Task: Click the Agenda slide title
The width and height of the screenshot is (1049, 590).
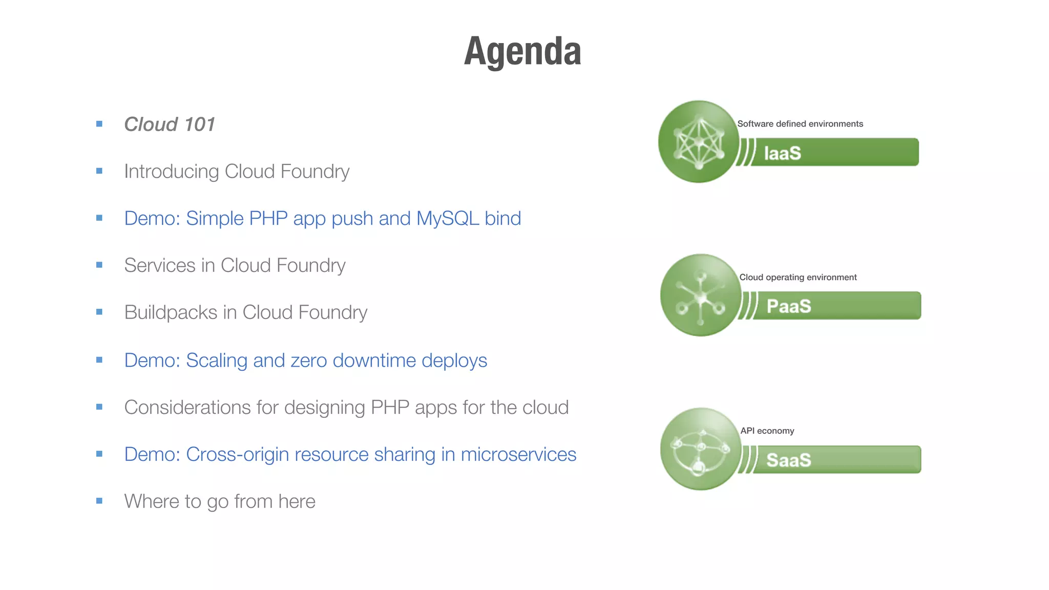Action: [522, 52]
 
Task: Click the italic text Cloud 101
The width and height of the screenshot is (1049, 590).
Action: [170, 124]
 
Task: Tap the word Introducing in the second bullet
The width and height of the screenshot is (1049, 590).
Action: [172, 172]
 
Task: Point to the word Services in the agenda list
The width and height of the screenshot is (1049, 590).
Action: [159, 265]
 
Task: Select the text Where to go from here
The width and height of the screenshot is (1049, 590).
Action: [220, 501]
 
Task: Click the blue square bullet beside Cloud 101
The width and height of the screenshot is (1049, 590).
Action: [99, 124]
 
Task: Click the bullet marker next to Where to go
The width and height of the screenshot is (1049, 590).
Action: [99, 501]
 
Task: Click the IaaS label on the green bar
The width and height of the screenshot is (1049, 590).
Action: [782, 153]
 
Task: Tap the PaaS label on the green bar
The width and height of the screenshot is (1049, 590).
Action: [788, 306]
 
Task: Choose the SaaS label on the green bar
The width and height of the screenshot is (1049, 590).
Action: [788, 460]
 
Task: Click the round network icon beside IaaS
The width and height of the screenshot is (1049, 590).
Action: [699, 142]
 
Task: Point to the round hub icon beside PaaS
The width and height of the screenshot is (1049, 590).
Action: [701, 296]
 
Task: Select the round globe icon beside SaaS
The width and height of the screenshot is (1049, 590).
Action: [701, 449]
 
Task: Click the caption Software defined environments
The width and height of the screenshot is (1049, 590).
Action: [800, 124]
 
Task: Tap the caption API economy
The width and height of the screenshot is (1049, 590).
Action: [767, 431]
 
